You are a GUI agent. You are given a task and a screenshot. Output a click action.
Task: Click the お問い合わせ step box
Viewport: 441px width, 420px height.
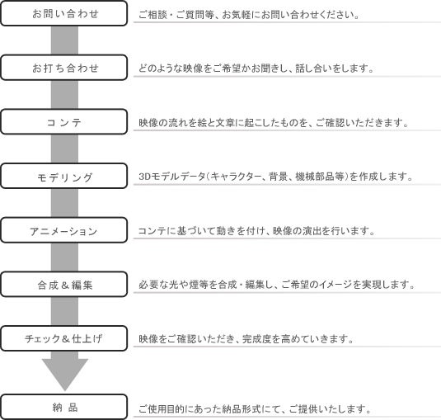coord(63,13)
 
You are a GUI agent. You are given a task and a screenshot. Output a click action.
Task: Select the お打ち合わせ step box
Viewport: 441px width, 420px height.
coord(63,68)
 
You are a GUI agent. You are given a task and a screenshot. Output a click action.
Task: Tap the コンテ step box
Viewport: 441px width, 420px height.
coord(63,121)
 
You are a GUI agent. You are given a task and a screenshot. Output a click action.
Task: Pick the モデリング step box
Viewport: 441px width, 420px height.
coord(63,176)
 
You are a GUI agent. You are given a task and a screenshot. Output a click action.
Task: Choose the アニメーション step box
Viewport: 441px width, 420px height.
coord(63,230)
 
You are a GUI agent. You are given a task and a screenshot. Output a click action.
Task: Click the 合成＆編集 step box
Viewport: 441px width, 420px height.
coord(63,285)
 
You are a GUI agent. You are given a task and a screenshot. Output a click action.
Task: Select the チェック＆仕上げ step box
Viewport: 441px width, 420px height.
coord(63,338)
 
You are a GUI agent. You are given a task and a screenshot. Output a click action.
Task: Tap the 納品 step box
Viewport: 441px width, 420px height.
coord(63,407)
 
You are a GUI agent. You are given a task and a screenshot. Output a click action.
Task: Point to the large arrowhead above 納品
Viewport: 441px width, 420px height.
coord(64,373)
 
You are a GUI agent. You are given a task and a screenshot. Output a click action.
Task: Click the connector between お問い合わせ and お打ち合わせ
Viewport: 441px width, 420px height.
coord(64,40)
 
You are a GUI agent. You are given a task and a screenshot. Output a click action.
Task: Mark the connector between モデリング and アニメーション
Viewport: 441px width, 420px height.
coord(64,203)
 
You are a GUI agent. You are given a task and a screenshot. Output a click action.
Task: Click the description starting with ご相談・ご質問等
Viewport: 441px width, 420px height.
coord(249,15)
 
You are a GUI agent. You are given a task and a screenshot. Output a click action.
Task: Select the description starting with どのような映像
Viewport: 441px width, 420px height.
coord(256,68)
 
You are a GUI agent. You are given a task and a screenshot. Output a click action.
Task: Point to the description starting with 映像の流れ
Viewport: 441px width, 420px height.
coord(274,123)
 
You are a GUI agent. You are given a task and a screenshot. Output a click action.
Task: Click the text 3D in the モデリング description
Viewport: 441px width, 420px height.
coord(144,177)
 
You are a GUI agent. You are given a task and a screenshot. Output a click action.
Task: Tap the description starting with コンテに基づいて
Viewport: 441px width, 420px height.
coord(256,231)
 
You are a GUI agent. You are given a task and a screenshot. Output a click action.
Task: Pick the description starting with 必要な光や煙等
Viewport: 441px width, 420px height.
coord(276,285)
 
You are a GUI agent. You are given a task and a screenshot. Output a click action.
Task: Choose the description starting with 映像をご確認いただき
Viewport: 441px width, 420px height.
coord(246,339)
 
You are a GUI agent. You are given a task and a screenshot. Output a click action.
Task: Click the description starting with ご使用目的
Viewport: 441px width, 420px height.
coord(255,408)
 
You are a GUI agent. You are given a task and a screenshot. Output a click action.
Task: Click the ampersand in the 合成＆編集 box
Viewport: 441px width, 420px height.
coord(64,286)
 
